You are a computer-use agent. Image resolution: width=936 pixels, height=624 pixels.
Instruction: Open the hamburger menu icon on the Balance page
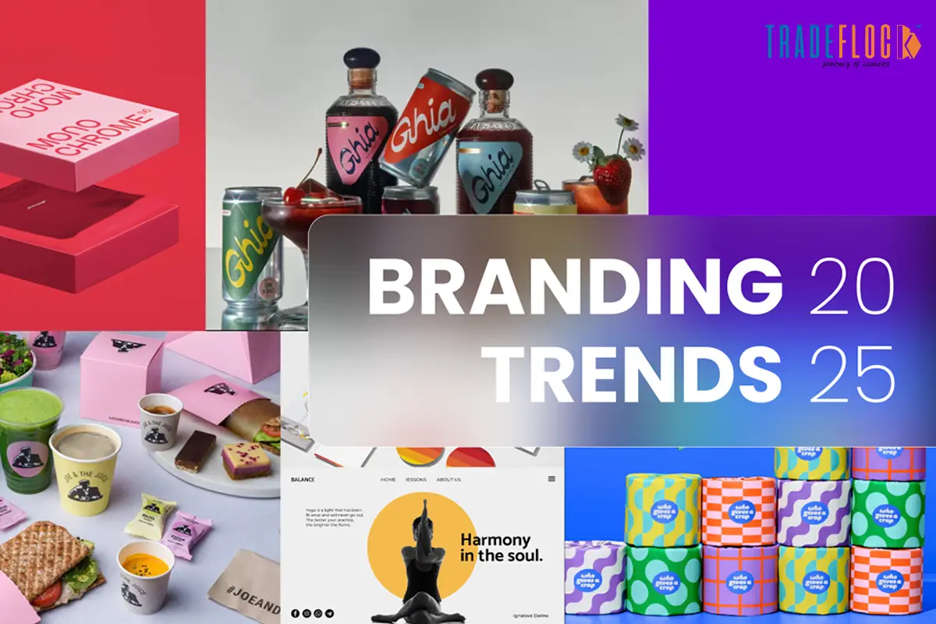point(551,479)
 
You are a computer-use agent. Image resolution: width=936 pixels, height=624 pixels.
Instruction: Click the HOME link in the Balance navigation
point(388,479)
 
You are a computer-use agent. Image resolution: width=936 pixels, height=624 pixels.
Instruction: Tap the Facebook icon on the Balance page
point(296,613)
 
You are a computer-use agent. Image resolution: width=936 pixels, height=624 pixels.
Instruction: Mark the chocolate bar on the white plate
point(195,452)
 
